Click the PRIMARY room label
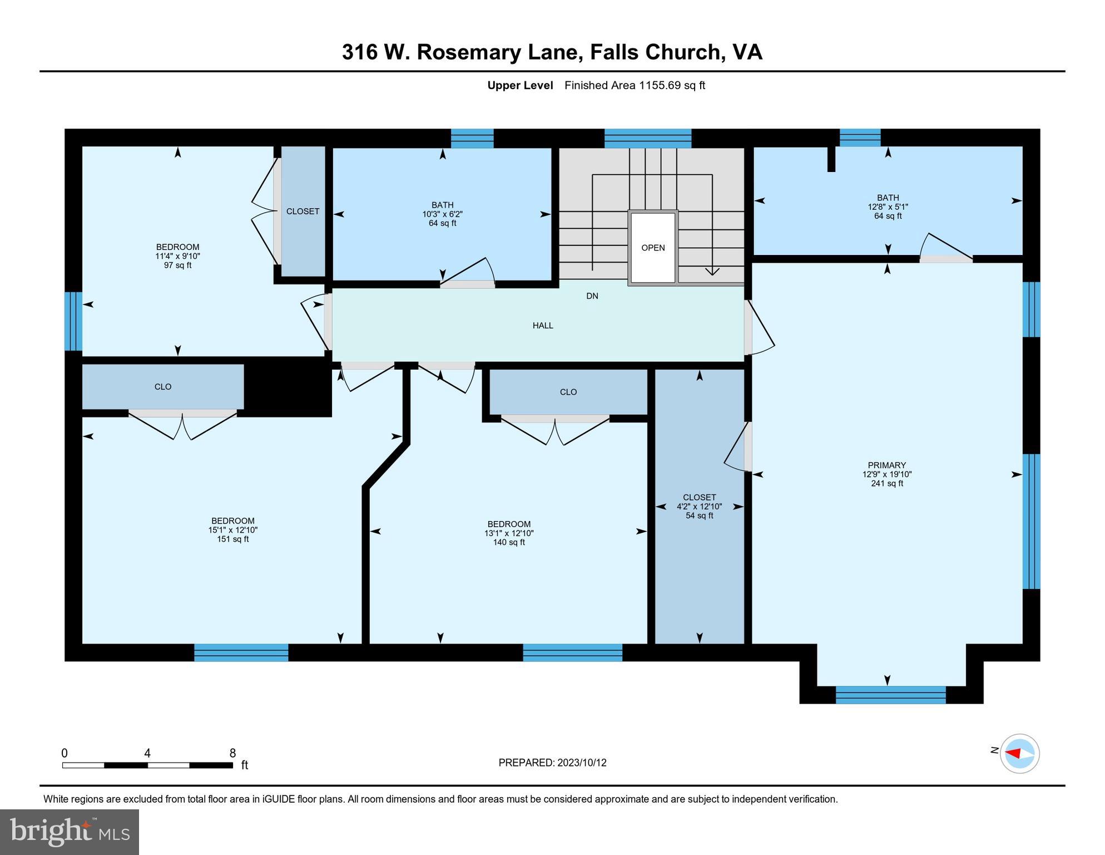tap(886, 465)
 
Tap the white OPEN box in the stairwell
tap(652, 248)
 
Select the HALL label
tap(543, 326)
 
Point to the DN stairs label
tap(592, 296)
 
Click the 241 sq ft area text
tap(887, 484)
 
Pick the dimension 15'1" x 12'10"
tap(233, 530)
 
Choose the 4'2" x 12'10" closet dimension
tap(699, 507)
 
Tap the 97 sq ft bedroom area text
tap(177, 266)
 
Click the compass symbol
tap(1019, 754)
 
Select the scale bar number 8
tap(233, 753)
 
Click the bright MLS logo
tap(70, 832)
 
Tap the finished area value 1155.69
tap(661, 85)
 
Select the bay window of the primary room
tap(890, 695)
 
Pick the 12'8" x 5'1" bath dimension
tap(888, 207)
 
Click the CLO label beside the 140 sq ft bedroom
tap(568, 392)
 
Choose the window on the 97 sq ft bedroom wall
tap(73, 321)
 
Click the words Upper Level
tap(520, 85)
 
